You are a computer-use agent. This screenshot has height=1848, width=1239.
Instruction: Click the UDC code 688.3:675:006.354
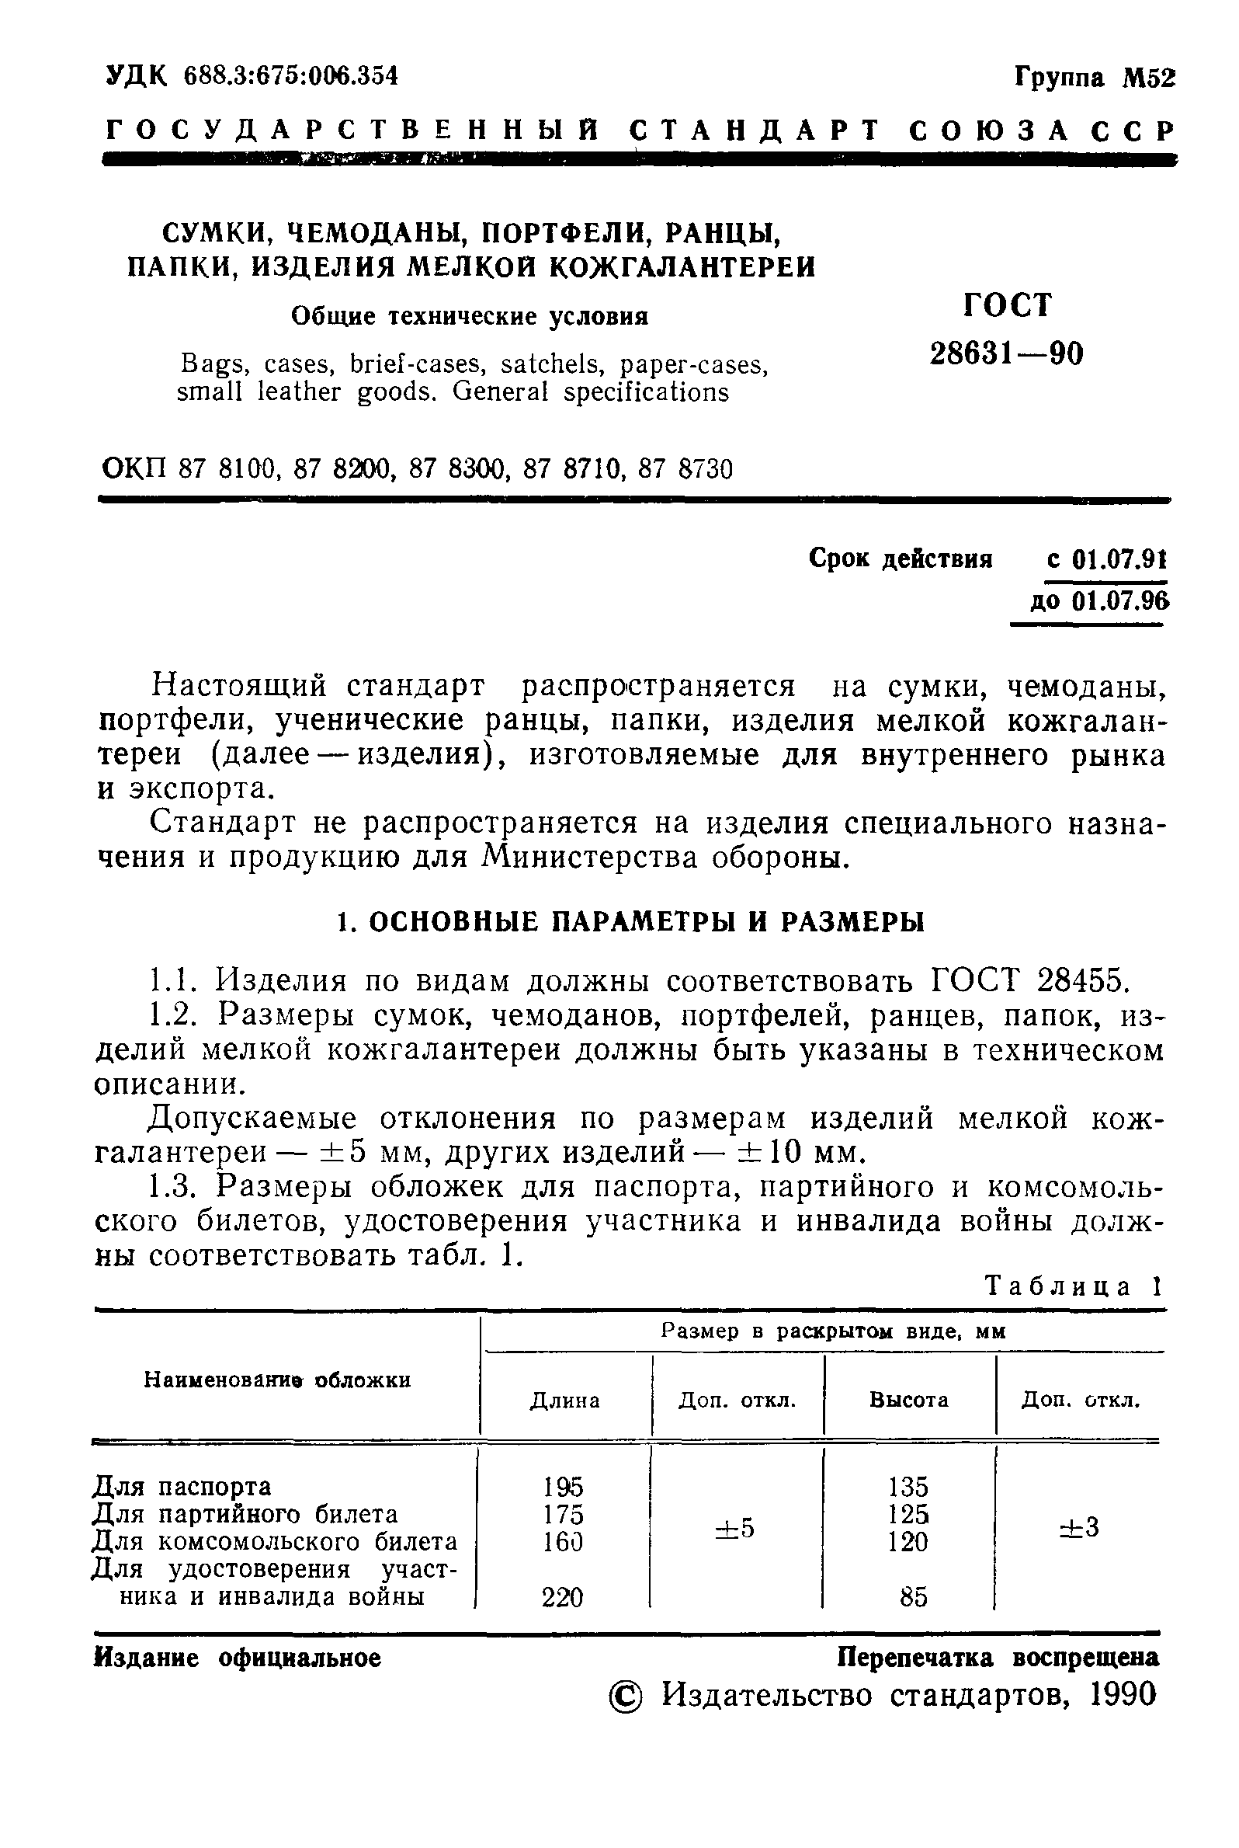pos(290,76)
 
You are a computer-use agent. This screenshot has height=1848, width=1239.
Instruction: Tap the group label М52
pos(1149,79)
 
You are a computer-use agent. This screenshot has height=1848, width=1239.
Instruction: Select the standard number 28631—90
pos(1006,353)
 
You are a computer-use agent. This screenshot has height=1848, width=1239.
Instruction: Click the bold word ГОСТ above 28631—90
pos(1008,305)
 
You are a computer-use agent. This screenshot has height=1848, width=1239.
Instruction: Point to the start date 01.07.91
pos(1118,559)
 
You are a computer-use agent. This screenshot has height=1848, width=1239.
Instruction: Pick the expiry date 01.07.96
pos(1119,601)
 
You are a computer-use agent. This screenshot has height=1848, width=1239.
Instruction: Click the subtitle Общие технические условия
pos(470,316)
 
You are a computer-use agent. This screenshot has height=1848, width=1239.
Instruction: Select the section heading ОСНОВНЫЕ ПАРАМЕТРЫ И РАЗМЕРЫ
pos(646,921)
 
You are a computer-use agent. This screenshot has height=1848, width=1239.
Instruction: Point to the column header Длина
pos(564,1401)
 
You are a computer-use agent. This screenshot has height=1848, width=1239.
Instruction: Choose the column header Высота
pos(909,1400)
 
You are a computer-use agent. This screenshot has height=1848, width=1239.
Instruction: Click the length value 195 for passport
pos(564,1487)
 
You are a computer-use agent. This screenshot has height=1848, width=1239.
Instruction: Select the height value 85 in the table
pos(913,1597)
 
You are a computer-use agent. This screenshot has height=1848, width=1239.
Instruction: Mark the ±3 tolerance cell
pos(1078,1528)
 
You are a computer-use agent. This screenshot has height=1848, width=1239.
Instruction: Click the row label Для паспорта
pos(182,1487)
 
